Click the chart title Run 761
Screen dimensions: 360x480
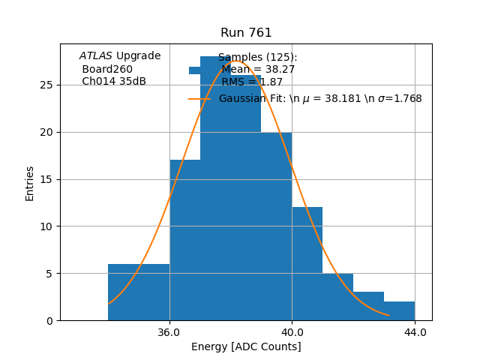point(246,33)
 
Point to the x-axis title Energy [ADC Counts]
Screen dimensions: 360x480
point(246,346)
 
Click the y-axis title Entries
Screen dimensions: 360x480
point(30,183)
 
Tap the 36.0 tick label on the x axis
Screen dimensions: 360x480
point(169,332)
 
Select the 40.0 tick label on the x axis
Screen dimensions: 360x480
point(292,332)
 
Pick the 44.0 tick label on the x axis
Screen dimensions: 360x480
point(415,332)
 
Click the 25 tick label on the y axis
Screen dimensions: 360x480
point(46,85)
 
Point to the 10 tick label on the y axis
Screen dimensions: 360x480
point(46,226)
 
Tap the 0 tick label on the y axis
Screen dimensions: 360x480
point(49,320)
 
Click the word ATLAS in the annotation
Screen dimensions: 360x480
point(95,56)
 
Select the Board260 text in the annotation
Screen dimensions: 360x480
point(107,69)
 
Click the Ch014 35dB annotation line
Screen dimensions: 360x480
point(114,82)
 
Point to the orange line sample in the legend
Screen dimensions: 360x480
point(199,99)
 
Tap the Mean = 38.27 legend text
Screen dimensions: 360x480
point(258,70)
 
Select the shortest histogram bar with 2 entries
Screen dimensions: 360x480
point(399,310)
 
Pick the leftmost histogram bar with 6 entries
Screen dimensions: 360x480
point(139,292)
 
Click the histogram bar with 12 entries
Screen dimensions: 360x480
point(307,262)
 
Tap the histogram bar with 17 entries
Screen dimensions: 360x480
point(184,240)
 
